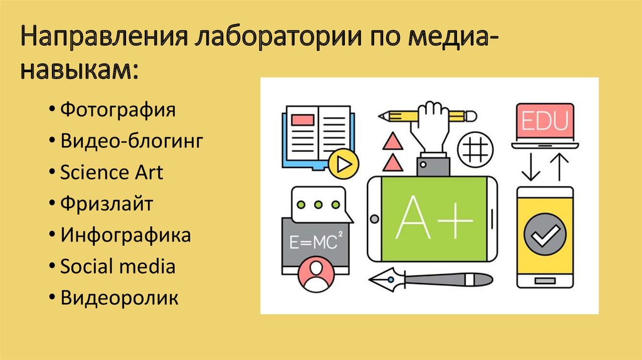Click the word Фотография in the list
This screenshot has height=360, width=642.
[117, 110]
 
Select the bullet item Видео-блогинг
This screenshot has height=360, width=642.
[132, 141]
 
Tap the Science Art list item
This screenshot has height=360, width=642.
[111, 172]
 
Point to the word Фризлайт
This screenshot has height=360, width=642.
[107, 203]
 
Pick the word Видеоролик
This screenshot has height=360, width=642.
[119, 297]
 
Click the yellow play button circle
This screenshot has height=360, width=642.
[343, 164]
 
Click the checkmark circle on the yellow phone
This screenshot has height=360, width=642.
[544, 236]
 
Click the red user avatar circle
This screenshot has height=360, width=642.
[315, 274]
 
